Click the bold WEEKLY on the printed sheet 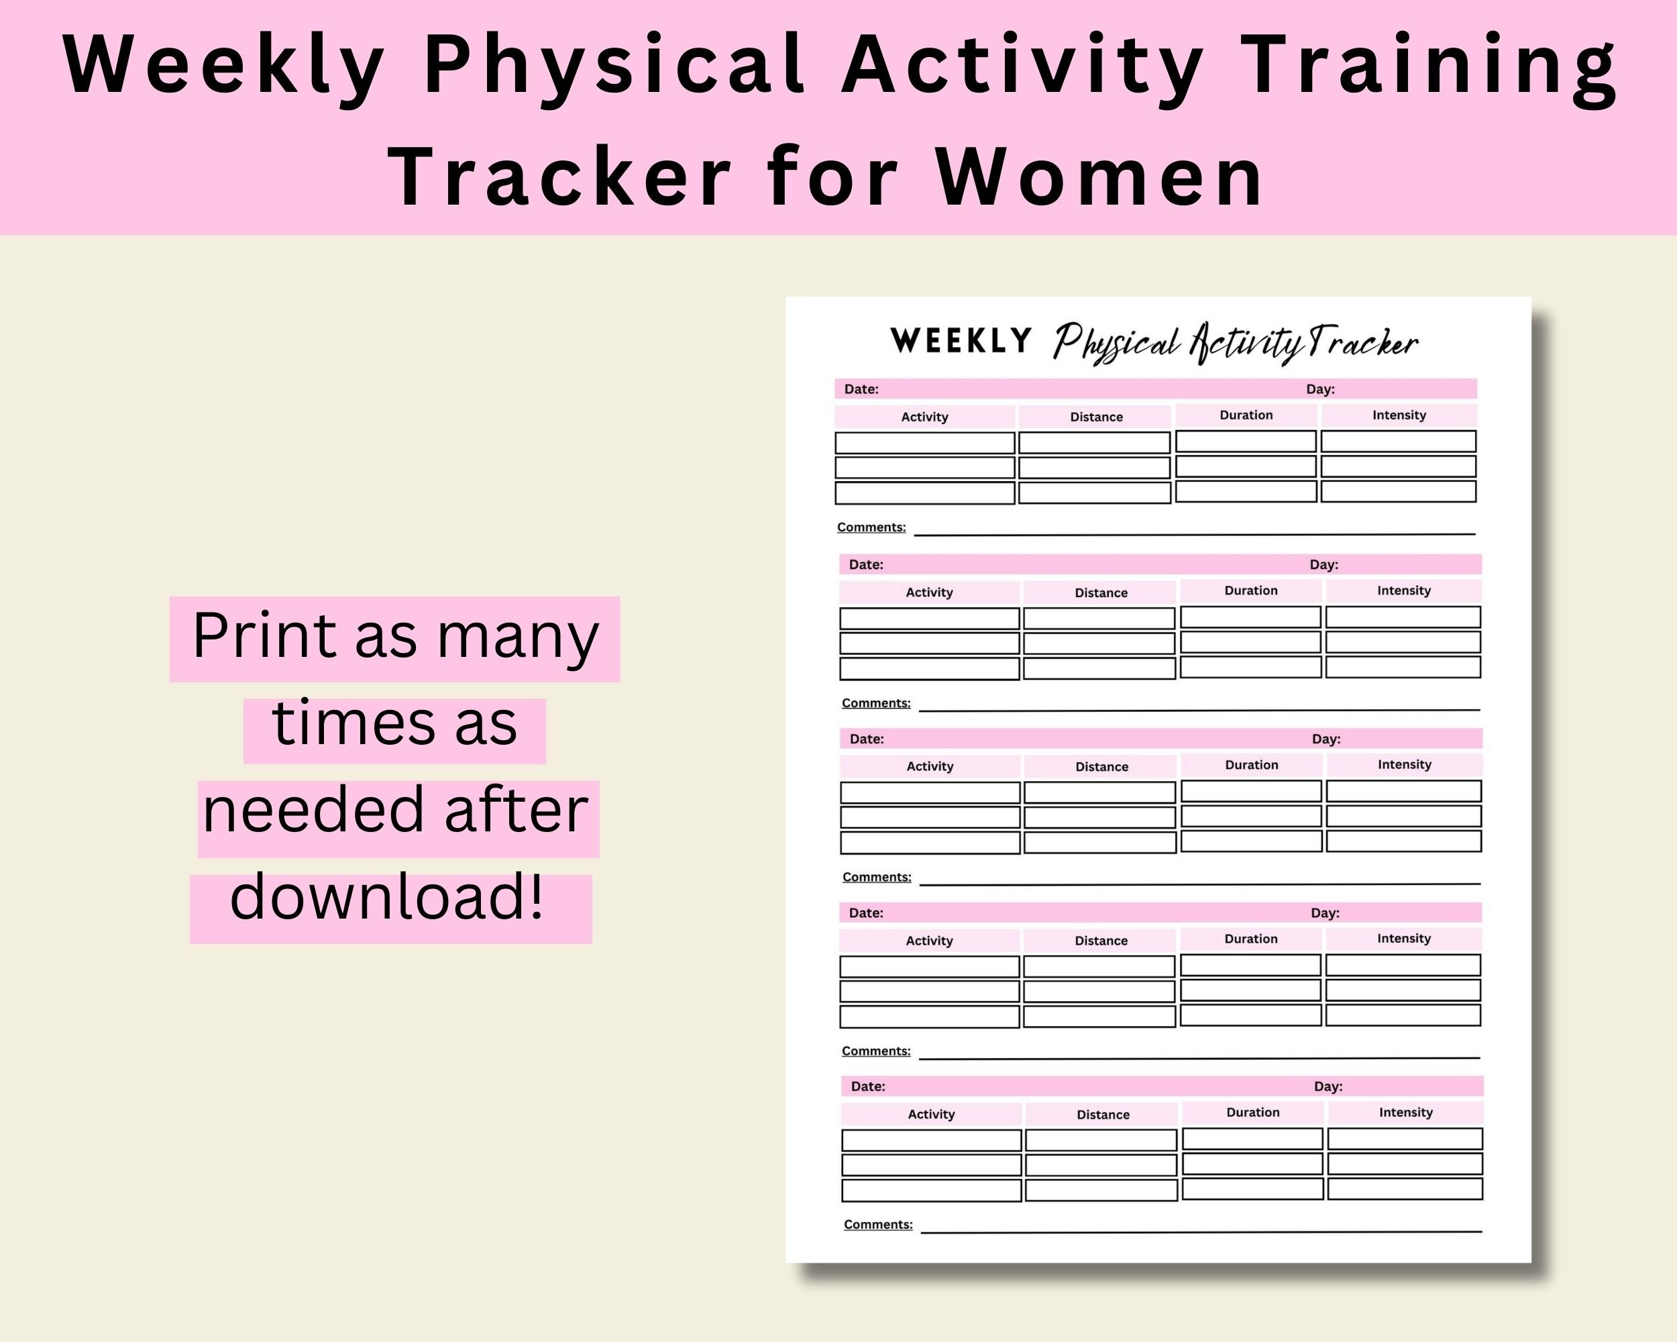tap(961, 341)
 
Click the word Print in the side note tap(264, 636)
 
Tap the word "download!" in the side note tap(386, 897)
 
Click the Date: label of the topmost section tap(861, 389)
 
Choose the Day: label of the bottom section tap(1328, 1086)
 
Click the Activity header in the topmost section tap(924, 417)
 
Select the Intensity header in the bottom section tap(1405, 1113)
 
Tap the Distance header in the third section tap(1101, 767)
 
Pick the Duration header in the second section tap(1251, 590)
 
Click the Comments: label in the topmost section tap(871, 527)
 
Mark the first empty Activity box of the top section tap(925, 443)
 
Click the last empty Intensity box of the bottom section tap(1405, 1189)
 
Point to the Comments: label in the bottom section tap(878, 1225)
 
